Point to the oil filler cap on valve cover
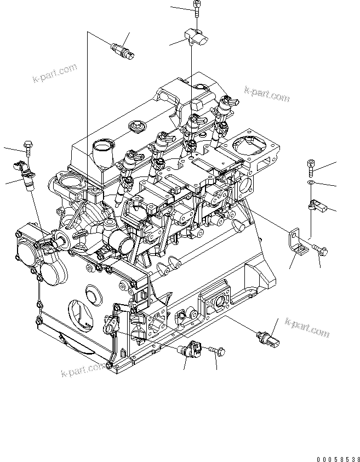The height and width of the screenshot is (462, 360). pyautogui.click(x=135, y=127)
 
